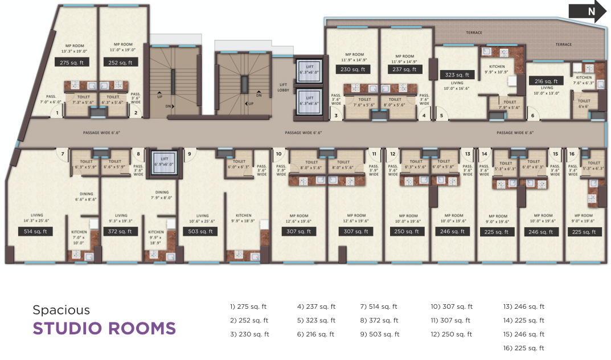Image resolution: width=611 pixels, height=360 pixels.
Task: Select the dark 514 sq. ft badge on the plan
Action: (x=35, y=231)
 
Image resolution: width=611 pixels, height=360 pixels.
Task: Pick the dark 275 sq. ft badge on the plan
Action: (x=72, y=63)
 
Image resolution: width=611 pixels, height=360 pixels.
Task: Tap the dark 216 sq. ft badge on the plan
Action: (x=547, y=81)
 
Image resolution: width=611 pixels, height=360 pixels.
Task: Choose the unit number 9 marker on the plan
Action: (x=188, y=153)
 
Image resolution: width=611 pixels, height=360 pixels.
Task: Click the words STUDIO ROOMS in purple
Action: (x=104, y=329)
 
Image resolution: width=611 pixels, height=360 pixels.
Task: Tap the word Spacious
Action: (x=61, y=310)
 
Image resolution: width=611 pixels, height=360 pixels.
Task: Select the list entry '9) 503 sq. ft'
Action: (x=379, y=334)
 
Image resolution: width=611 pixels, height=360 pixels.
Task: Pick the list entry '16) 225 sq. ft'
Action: (x=523, y=348)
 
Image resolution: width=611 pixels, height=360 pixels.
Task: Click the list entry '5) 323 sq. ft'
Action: (x=316, y=321)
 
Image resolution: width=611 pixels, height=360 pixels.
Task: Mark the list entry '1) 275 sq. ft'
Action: (x=249, y=306)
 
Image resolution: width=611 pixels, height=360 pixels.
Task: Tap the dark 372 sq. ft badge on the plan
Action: (x=120, y=231)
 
